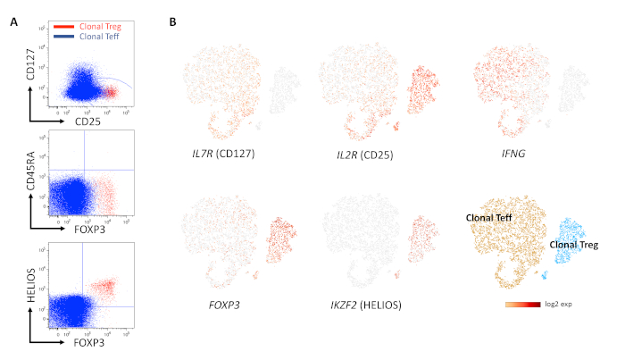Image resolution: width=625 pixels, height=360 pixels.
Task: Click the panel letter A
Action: click(13, 21)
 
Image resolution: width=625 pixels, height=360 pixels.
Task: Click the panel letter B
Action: click(172, 21)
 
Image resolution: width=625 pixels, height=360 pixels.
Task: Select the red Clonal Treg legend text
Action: click(102, 28)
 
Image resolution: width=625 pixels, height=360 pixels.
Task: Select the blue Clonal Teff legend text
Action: click(101, 38)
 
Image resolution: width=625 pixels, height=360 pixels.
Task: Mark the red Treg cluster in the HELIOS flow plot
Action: click(107, 287)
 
